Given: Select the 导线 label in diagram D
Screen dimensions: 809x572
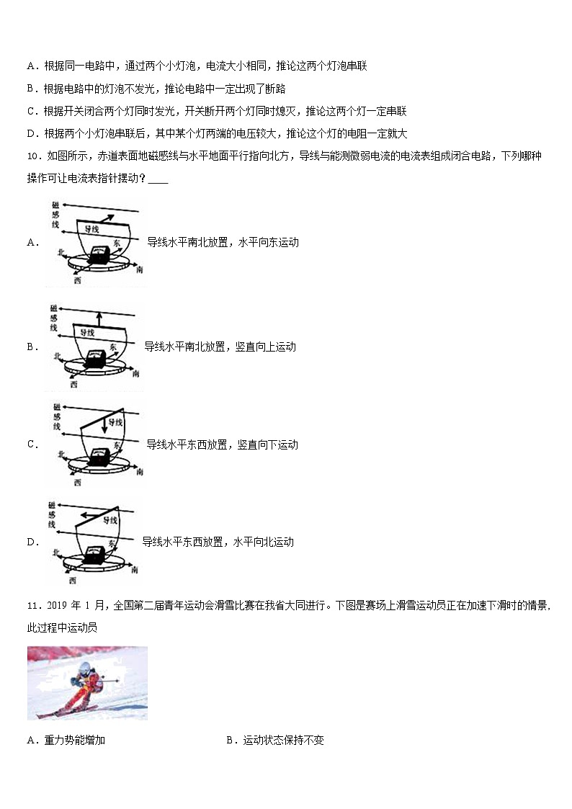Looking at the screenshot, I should click(110, 520).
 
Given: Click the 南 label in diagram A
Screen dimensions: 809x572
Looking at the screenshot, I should click(138, 268).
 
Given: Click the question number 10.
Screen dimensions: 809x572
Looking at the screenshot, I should click(32, 156).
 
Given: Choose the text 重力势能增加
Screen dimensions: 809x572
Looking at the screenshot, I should click(74, 740).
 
